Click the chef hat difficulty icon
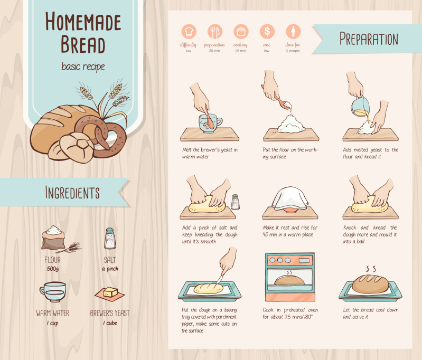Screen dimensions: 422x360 point(189,31)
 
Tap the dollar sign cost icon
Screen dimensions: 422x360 point(267,31)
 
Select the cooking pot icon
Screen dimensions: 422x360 point(241,31)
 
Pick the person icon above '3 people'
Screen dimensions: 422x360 point(293,31)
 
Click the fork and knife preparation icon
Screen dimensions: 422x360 point(215,31)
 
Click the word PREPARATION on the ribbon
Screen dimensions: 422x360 point(369,39)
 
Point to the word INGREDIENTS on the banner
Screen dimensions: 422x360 point(72,192)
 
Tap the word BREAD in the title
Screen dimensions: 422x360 point(83,44)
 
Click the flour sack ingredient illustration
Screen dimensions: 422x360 point(54,238)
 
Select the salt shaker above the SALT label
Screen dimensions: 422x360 point(110,238)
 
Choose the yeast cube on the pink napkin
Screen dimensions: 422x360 point(110,292)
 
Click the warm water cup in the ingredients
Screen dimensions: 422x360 point(53,292)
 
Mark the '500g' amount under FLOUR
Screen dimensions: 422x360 point(53,269)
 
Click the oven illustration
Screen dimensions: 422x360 point(290,277)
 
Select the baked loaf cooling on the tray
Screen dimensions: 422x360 point(370,284)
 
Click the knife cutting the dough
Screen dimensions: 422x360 point(220,279)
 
